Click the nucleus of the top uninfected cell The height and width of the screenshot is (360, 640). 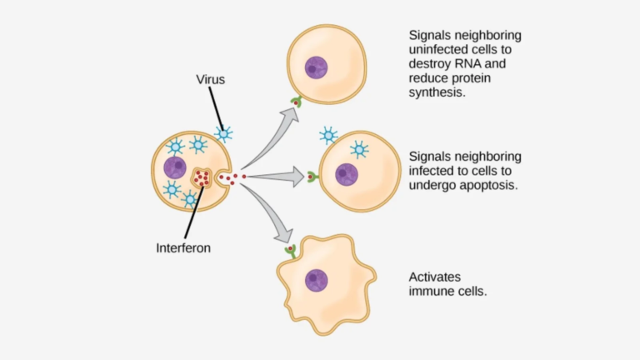316,67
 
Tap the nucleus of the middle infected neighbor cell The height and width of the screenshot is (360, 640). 347,174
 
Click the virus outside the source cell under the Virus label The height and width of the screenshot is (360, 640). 223,133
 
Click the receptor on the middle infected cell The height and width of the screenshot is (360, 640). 312,177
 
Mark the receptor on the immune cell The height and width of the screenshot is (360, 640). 290,249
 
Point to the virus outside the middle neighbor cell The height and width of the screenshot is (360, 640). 327,135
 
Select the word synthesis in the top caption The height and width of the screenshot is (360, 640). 436,93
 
